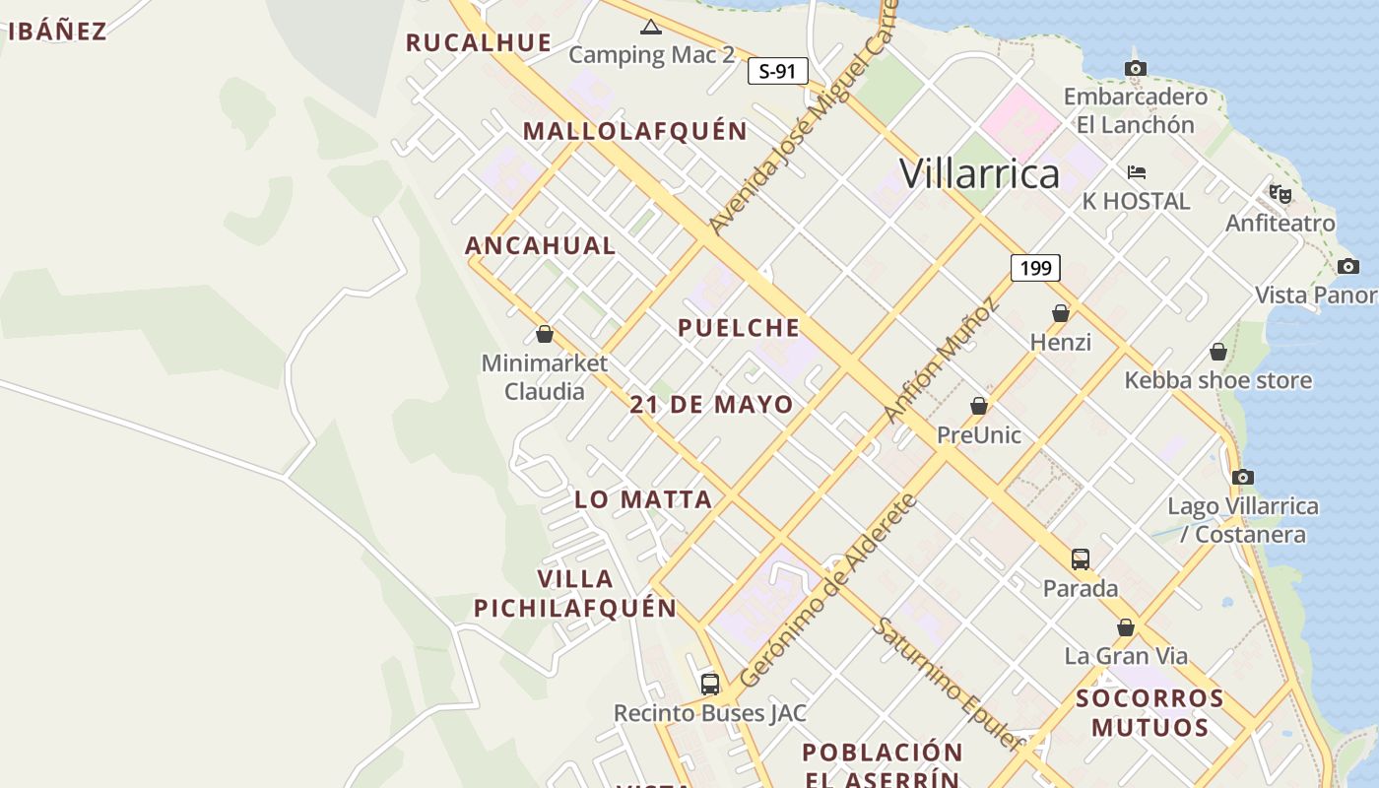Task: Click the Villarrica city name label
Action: pyautogui.click(x=979, y=174)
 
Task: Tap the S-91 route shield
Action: pyautogui.click(x=777, y=71)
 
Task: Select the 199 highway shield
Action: pyautogui.click(x=1034, y=267)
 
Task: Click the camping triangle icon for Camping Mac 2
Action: pyautogui.click(x=650, y=27)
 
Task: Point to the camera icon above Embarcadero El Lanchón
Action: pyautogui.click(x=1136, y=68)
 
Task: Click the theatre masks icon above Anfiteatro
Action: pyautogui.click(x=1280, y=194)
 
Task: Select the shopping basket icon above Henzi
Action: pyautogui.click(x=1061, y=313)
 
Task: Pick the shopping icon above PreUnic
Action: pyautogui.click(x=979, y=406)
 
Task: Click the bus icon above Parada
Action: pyautogui.click(x=1081, y=559)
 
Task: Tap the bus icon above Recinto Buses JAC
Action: pyautogui.click(x=710, y=684)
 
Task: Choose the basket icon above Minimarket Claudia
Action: pyautogui.click(x=545, y=334)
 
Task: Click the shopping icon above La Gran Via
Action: pyautogui.click(x=1126, y=627)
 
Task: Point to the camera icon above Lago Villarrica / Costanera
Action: pyautogui.click(x=1243, y=478)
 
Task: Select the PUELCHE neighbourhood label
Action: pyautogui.click(x=739, y=328)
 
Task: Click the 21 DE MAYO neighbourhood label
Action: pyautogui.click(x=712, y=404)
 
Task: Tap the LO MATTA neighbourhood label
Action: pyautogui.click(x=643, y=499)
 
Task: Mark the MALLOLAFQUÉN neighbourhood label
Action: pyautogui.click(x=635, y=131)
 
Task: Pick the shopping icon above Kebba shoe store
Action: pyautogui.click(x=1218, y=352)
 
